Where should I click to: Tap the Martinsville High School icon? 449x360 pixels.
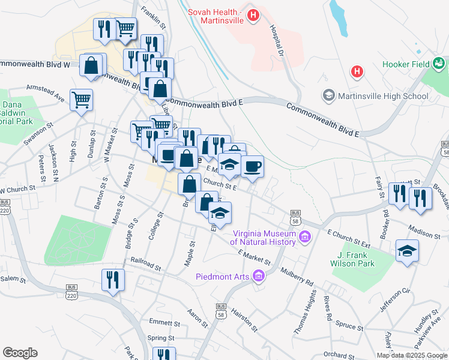(x=328, y=95)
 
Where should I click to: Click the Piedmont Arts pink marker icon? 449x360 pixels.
(x=259, y=276)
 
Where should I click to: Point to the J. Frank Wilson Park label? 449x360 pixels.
(x=352, y=259)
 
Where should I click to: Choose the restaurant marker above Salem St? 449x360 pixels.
(x=113, y=280)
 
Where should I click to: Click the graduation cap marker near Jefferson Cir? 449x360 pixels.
(x=407, y=251)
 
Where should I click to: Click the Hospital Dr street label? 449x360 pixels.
(x=277, y=41)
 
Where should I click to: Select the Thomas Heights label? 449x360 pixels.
(x=305, y=311)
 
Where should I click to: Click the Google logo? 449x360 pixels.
(x=20, y=353)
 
